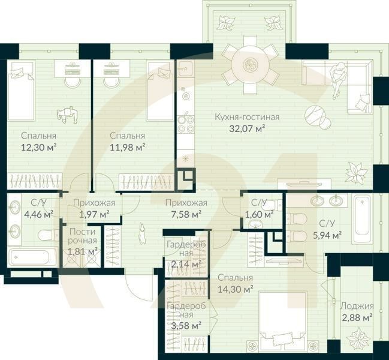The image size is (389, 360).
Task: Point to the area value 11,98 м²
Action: click(128, 146)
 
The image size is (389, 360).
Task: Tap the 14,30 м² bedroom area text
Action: click(236, 289)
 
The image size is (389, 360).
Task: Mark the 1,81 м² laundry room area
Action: click(83, 251)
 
